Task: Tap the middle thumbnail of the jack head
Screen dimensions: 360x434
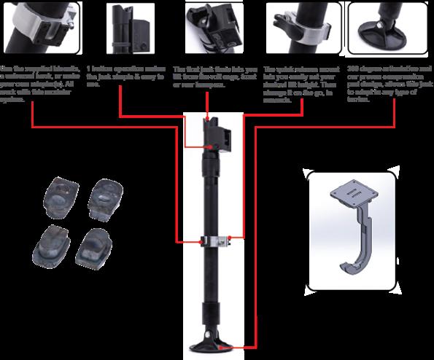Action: [x=217, y=26]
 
